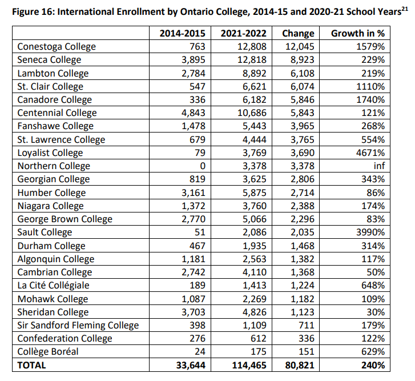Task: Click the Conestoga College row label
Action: [x=57, y=47]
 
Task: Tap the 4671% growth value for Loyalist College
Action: [x=369, y=153]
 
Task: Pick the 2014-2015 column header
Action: [x=182, y=33]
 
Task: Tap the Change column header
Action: [x=299, y=33]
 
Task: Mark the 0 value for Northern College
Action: [x=202, y=166]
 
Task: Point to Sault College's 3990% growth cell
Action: [x=369, y=232]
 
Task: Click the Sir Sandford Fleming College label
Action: [x=78, y=326]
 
